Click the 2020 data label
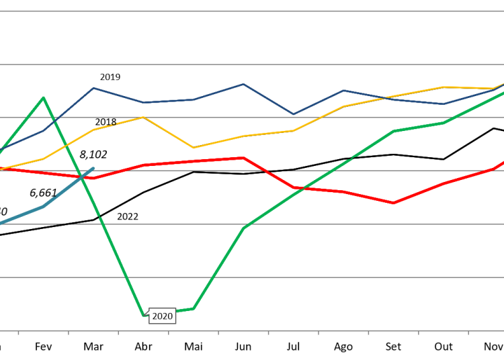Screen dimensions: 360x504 point(162,316)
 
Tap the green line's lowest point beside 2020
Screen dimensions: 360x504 point(144,314)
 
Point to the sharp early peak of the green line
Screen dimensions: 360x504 point(44,98)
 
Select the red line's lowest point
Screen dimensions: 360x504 point(394,203)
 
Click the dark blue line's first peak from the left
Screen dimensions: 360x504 point(93,88)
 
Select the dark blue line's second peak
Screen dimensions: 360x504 point(243,85)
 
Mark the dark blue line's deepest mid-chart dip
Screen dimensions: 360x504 point(293,114)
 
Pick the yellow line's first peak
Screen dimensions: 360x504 point(143,118)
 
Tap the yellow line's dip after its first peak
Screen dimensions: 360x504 point(194,148)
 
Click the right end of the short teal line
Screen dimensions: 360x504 point(93,168)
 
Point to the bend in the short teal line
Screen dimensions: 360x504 point(44,207)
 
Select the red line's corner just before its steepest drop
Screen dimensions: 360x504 point(243,158)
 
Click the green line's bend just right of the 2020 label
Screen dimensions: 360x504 point(194,308)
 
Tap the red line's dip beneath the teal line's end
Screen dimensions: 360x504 point(93,178)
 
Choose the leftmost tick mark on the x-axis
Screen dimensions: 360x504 point(18,332)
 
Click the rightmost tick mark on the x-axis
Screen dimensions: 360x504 point(468,332)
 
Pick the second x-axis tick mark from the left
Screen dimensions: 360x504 point(69,332)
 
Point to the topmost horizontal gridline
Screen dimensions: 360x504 point(252,11)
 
